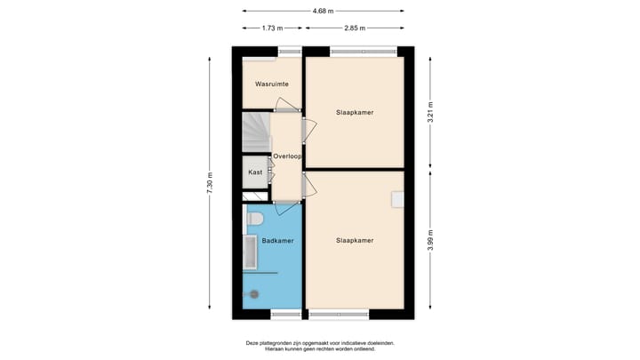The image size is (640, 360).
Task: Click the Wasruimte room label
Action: pyautogui.click(x=271, y=84)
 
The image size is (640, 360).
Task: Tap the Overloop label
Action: pyautogui.click(x=288, y=156)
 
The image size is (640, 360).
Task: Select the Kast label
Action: pyautogui.click(x=254, y=172)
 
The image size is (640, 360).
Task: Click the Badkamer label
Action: pyautogui.click(x=277, y=240)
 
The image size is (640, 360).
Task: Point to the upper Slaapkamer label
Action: pyautogui.click(x=354, y=113)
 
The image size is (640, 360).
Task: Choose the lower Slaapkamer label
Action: pyautogui.click(x=354, y=240)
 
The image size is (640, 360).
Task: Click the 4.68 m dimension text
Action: pyautogui.click(x=324, y=11)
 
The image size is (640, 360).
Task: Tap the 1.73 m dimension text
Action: pyautogui.click(x=273, y=28)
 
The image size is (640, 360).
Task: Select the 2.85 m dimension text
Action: pyautogui.click(x=355, y=28)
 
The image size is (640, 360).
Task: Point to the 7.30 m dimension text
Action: pyautogui.click(x=210, y=182)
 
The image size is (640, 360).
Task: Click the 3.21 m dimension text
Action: pyautogui.click(x=431, y=114)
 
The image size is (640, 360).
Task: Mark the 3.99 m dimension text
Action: pyautogui.click(x=431, y=241)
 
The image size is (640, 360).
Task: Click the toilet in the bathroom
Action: pyautogui.click(x=254, y=218)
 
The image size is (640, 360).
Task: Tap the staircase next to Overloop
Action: pyautogui.click(x=256, y=132)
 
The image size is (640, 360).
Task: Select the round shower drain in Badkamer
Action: pyautogui.click(x=254, y=293)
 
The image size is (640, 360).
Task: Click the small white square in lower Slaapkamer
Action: pyautogui.click(x=397, y=198)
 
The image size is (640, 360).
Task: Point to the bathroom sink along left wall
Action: pyautogui.click(x=249, y=253)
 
